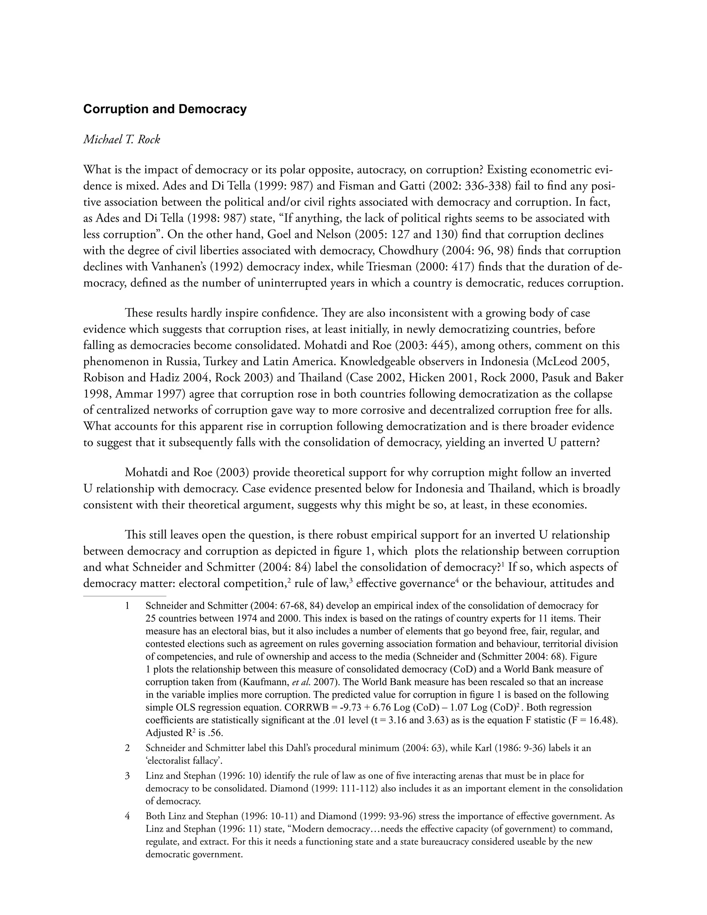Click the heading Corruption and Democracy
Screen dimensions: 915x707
coord(165,109)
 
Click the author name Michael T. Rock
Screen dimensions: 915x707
coord(122,139)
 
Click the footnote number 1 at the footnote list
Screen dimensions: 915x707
coord(127,606)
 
